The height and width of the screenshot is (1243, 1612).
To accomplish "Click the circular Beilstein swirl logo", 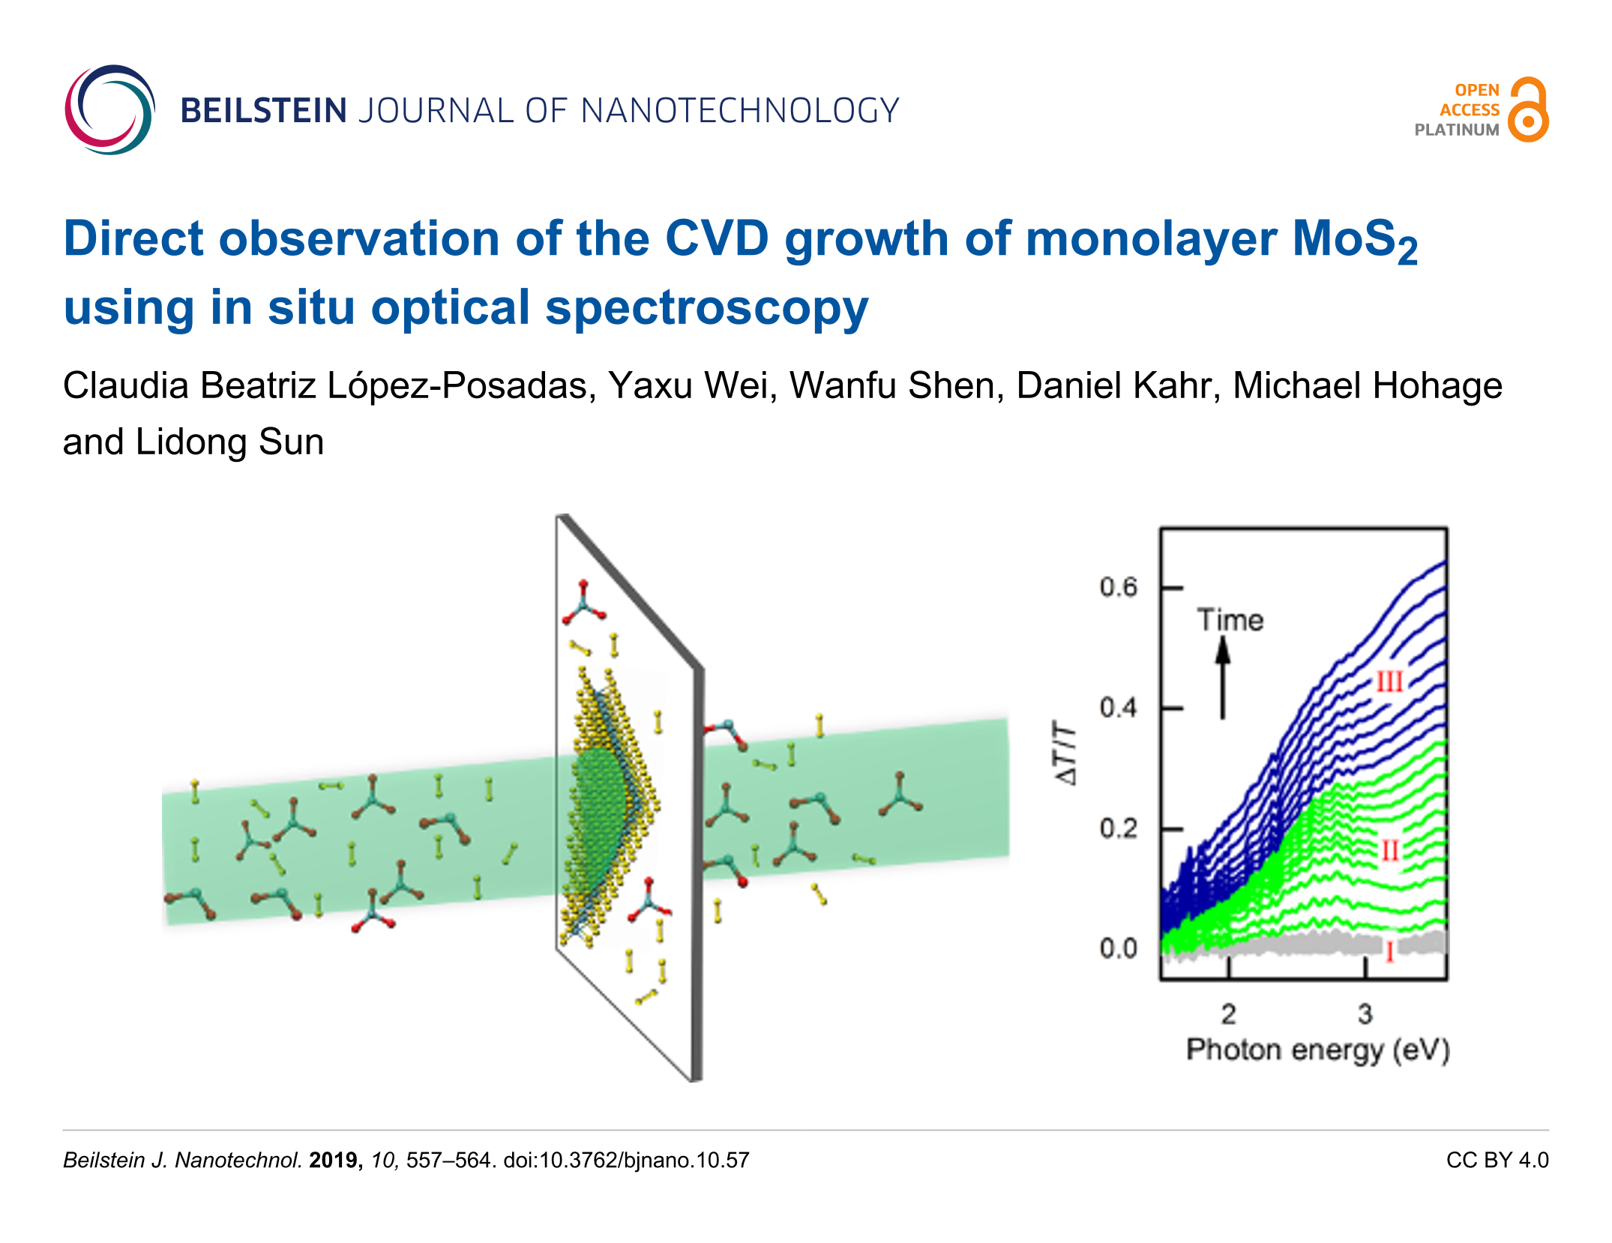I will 109,110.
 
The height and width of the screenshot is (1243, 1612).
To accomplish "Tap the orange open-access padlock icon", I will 1527,110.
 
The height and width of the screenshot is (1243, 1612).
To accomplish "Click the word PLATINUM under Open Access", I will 1456,130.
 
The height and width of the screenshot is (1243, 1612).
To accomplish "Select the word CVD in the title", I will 717,239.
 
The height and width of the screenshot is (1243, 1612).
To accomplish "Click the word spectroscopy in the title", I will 706,308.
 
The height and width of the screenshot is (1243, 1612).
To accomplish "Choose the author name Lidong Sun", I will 229,442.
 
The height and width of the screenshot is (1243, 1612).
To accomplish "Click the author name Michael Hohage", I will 1367,386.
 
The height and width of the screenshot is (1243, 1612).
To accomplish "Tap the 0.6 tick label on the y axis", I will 1118,588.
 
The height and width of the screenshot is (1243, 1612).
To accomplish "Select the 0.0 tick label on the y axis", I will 1118,949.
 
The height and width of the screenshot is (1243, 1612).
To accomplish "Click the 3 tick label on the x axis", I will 1365,1014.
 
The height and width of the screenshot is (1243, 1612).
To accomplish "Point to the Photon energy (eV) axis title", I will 1317,1050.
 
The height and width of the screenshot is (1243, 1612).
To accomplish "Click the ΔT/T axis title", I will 1066,753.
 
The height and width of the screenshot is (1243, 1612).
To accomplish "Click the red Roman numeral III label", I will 1389,682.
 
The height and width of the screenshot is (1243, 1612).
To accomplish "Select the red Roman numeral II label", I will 1390,851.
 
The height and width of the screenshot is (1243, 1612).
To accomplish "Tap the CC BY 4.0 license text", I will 1497,1161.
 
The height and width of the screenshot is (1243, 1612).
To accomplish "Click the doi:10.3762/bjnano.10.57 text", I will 626,1161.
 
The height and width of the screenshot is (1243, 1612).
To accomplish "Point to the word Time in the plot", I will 1230,621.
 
